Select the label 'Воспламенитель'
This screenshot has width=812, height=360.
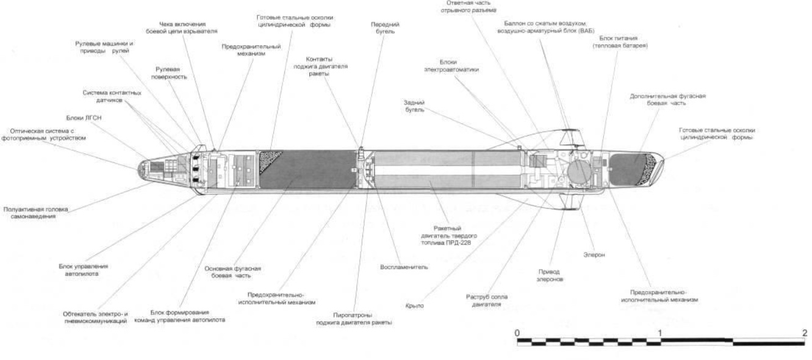point(404,267)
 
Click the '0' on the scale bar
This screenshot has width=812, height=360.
point(517,333)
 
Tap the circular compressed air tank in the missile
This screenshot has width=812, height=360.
point(578,168)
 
